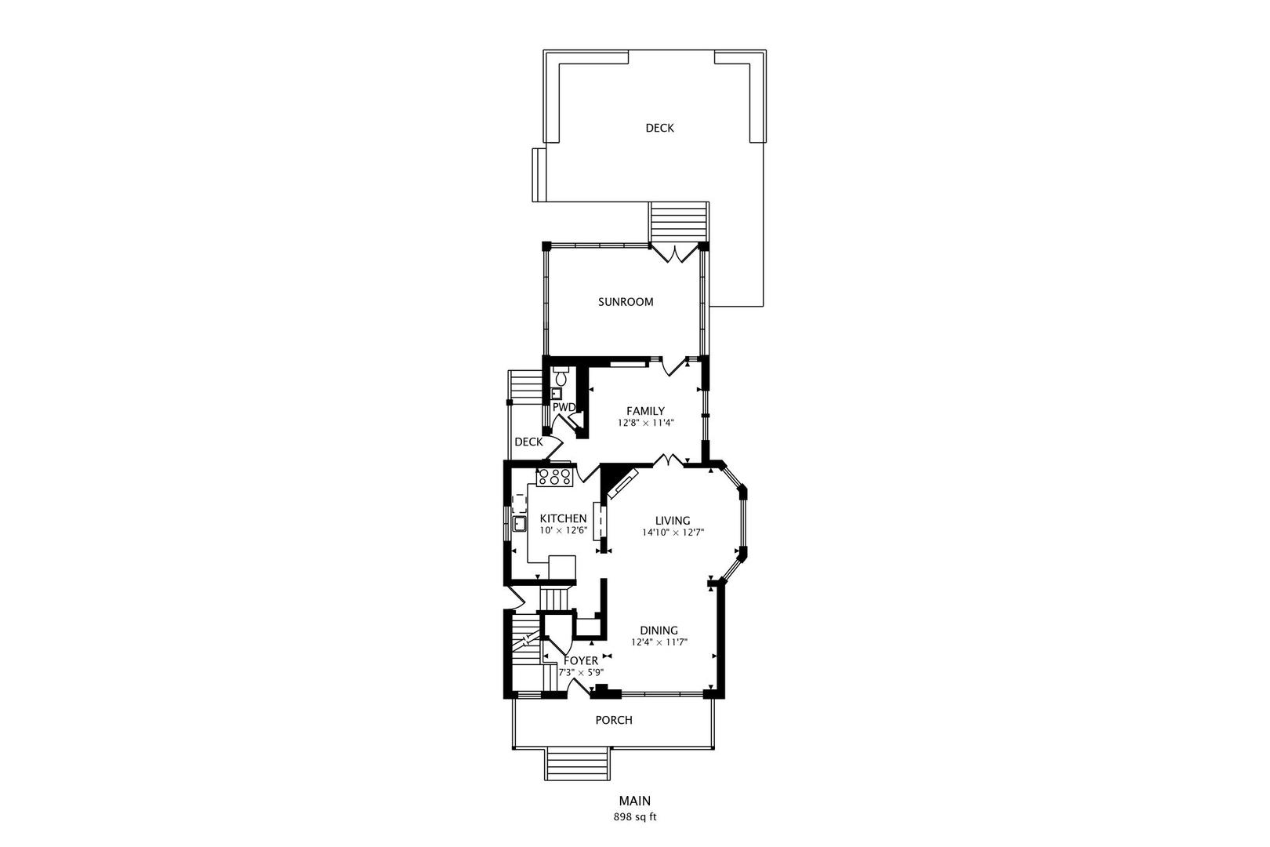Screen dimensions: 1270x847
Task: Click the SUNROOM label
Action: point(626,302)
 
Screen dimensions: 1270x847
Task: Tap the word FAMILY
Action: point(645,411)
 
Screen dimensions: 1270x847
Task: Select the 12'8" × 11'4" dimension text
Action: point(645,423)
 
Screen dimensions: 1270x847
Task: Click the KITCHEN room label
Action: point(563,518)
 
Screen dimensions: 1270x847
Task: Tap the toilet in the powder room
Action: point(561,374)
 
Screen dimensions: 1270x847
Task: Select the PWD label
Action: point(564,407)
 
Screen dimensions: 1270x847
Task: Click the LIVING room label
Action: point(673,520)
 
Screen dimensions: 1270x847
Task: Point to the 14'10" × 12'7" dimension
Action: point(673,533)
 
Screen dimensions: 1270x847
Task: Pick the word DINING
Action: point(659,631)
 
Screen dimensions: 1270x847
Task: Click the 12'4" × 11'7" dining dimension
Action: point(659,642)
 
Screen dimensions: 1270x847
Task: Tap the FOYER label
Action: point(581,661)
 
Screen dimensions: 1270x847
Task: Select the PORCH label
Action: point(614,720)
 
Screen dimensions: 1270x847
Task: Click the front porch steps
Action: point(579,764)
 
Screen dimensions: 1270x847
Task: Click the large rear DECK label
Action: point(660,128)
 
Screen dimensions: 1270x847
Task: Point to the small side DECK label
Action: point(528,442)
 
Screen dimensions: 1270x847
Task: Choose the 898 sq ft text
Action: point(634,817)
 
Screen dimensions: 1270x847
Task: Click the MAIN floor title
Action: point(634,801)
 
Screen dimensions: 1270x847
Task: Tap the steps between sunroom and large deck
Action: point(679,223)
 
